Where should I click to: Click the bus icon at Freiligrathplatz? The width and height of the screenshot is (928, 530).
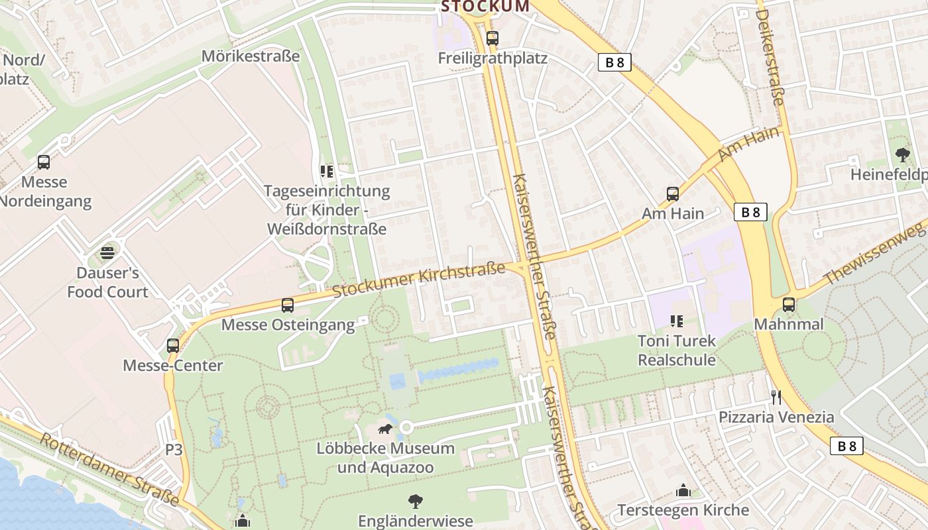(x=492, y=38)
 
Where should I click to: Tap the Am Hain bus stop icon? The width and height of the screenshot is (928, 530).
(x=673, y=194)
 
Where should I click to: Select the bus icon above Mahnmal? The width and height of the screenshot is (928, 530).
(x=789, y=305)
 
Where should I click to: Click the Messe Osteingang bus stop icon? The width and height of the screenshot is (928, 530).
(x=288, y=305)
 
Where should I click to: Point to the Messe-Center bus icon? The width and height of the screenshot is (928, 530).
(x=173, y=346)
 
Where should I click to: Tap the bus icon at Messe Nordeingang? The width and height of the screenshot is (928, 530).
(x=44, y=162)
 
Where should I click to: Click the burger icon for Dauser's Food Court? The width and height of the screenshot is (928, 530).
(x=107, y=253)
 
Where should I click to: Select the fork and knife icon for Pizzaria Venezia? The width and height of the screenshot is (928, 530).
(x=776, y=397)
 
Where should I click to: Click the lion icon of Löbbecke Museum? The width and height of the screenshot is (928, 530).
(x=385, y=429)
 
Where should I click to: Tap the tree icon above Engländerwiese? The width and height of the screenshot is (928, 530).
(x=416, y=502)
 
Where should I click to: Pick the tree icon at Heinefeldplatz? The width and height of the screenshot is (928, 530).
(x=902, y=156)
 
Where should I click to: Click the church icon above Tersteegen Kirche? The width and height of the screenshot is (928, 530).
(x=683, y=491)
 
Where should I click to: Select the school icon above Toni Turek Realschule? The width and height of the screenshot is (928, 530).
(x=676, y=322)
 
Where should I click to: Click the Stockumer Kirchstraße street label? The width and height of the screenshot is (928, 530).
(x=418, y=280)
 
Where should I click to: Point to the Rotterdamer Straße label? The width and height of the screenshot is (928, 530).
(x=109, y=470)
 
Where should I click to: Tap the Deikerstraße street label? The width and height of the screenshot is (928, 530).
(x=770, y=57)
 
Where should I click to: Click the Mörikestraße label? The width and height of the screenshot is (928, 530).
(x=251, y=56)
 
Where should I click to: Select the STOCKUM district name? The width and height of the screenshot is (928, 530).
(x=485, y=7)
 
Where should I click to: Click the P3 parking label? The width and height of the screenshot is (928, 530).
(x=174, y=450)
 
